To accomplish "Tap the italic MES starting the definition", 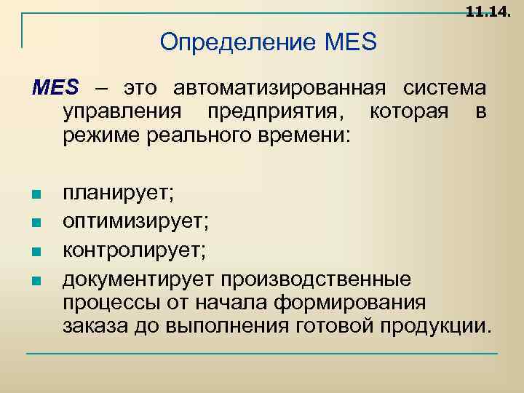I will point(55,89).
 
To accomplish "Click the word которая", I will point(413,112).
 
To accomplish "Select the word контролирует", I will point(134,250).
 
